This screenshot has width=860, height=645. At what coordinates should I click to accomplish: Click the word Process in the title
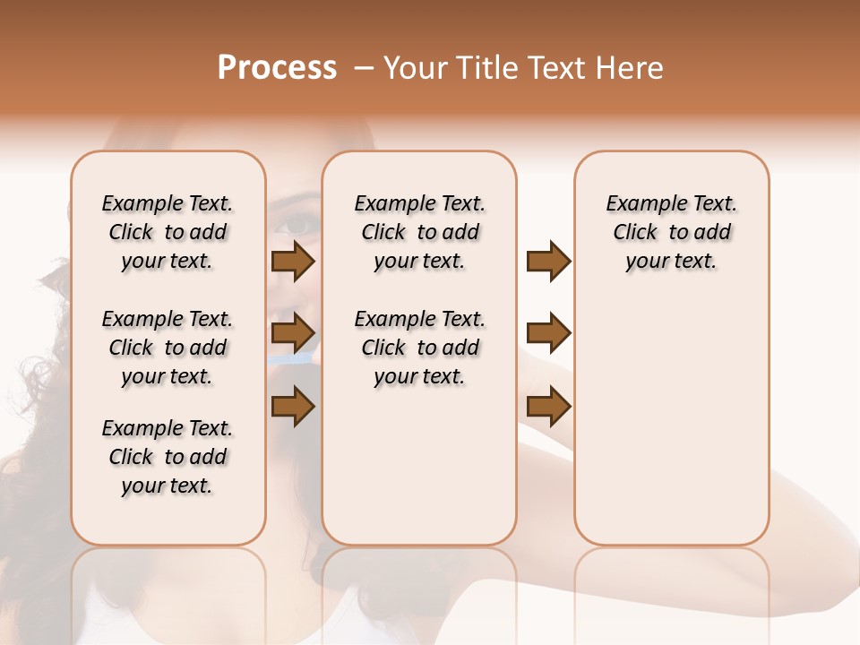277,68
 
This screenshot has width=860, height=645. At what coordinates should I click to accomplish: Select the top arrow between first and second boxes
293,262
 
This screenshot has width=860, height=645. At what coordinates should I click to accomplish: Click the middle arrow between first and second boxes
293,333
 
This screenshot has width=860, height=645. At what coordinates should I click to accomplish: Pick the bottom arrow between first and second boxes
293,406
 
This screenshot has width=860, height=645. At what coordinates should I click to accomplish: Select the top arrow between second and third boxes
548,262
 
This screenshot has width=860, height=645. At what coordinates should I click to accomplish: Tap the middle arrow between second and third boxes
548,333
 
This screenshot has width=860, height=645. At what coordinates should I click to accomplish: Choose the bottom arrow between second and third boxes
548,406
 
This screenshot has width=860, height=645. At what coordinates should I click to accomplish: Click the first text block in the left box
168,232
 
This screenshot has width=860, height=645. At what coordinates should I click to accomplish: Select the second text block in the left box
168,348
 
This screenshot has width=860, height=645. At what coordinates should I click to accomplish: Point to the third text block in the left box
168,457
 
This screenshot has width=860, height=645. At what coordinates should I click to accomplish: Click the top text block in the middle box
419,232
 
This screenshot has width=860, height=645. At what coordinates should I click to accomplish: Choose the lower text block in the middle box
419,348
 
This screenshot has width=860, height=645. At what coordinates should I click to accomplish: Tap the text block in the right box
671,232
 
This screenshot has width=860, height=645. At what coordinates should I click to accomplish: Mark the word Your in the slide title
412,68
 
